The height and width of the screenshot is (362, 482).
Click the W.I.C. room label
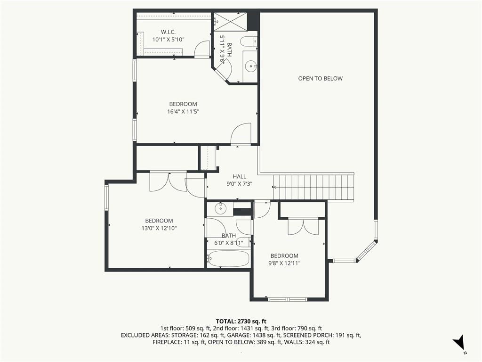point(168,32)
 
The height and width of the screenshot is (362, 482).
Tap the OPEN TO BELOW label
point(320,79)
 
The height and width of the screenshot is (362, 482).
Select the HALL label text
point(239,176)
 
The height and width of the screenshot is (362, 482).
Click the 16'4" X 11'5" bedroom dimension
point(183,111)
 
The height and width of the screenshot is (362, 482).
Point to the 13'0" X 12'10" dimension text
point(159,228)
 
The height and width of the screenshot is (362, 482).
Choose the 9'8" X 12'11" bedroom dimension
point(284,263)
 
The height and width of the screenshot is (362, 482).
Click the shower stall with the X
point(230,22)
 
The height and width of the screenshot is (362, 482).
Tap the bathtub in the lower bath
point(228,258)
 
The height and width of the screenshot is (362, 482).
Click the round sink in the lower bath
point(220,208)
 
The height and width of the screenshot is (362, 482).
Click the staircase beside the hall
point(313,187)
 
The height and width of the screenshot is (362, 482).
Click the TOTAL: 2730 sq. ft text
point(241,321)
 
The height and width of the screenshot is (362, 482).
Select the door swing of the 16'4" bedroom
point(241,133)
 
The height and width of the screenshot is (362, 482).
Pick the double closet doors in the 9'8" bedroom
point(303,227)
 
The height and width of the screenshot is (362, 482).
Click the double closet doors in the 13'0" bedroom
point(168,181)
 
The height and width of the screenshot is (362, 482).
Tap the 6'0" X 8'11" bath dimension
point(229,243)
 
